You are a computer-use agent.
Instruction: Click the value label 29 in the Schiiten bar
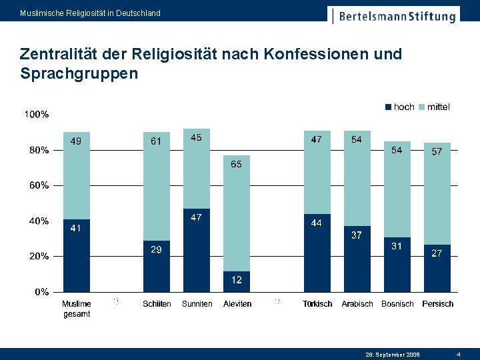coord(155,249)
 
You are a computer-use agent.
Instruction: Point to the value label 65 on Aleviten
coord(237,164)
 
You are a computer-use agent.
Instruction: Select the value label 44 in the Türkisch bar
coord(317,223)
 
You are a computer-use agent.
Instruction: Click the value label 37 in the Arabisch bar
coord(357,235)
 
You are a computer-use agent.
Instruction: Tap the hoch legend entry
coord(400,107)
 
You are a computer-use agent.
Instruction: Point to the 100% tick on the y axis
coord(37,115)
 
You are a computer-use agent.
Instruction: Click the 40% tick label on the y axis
coord(39,221)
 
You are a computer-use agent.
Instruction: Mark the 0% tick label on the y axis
coord(41,291)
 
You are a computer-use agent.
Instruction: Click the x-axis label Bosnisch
coord(397,304)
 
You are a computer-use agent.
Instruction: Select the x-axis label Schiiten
coord(157,304)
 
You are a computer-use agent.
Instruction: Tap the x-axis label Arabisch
coord(357,304)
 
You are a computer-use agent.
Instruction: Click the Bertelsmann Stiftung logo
coord(394,15)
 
